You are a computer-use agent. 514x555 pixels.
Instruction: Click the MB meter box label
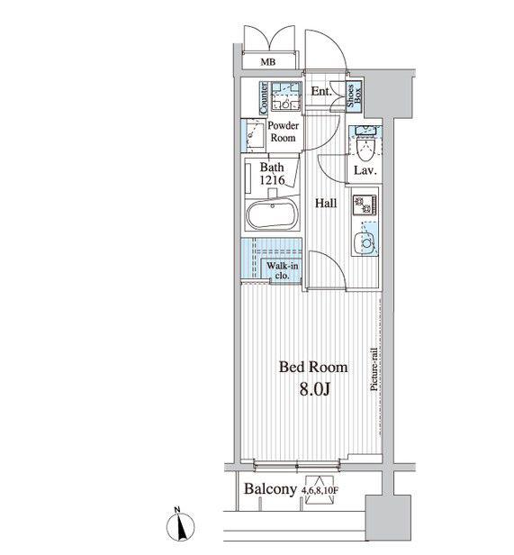(x=267, y=62)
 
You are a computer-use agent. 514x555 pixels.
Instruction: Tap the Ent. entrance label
(x=321, y=91)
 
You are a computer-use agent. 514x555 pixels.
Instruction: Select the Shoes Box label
(x=354, y=96)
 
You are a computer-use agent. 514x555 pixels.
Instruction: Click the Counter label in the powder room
(x=264, y=98)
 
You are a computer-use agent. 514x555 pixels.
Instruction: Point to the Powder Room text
(x=283, y=132)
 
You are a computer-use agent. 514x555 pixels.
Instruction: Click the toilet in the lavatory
(x=364, y=148)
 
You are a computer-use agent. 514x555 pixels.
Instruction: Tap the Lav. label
(x=365, y=171)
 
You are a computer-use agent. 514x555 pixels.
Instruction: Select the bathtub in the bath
(x=273, y=214)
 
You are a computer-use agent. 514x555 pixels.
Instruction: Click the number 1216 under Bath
(x=272, y=180)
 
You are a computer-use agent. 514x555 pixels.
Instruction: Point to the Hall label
(x=326, y=204)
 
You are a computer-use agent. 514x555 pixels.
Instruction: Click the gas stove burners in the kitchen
(x=365, y=205)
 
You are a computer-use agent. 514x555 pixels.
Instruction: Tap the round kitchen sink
(x=365, y=243)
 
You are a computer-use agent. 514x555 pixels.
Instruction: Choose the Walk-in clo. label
(x=283, y=271)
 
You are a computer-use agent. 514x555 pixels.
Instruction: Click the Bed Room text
(x=313, y=367)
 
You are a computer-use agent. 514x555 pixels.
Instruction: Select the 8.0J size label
(x=315, y=389)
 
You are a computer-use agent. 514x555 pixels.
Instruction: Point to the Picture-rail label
(x=374, y=369)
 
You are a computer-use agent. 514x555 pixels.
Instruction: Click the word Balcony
(x=270, y=489)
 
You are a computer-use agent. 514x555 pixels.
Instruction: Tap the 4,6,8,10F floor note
(x=320, y=490)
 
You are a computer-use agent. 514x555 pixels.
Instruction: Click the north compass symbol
(x=180, y=525)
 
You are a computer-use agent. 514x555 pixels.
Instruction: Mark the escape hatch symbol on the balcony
(x=320, y=489)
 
